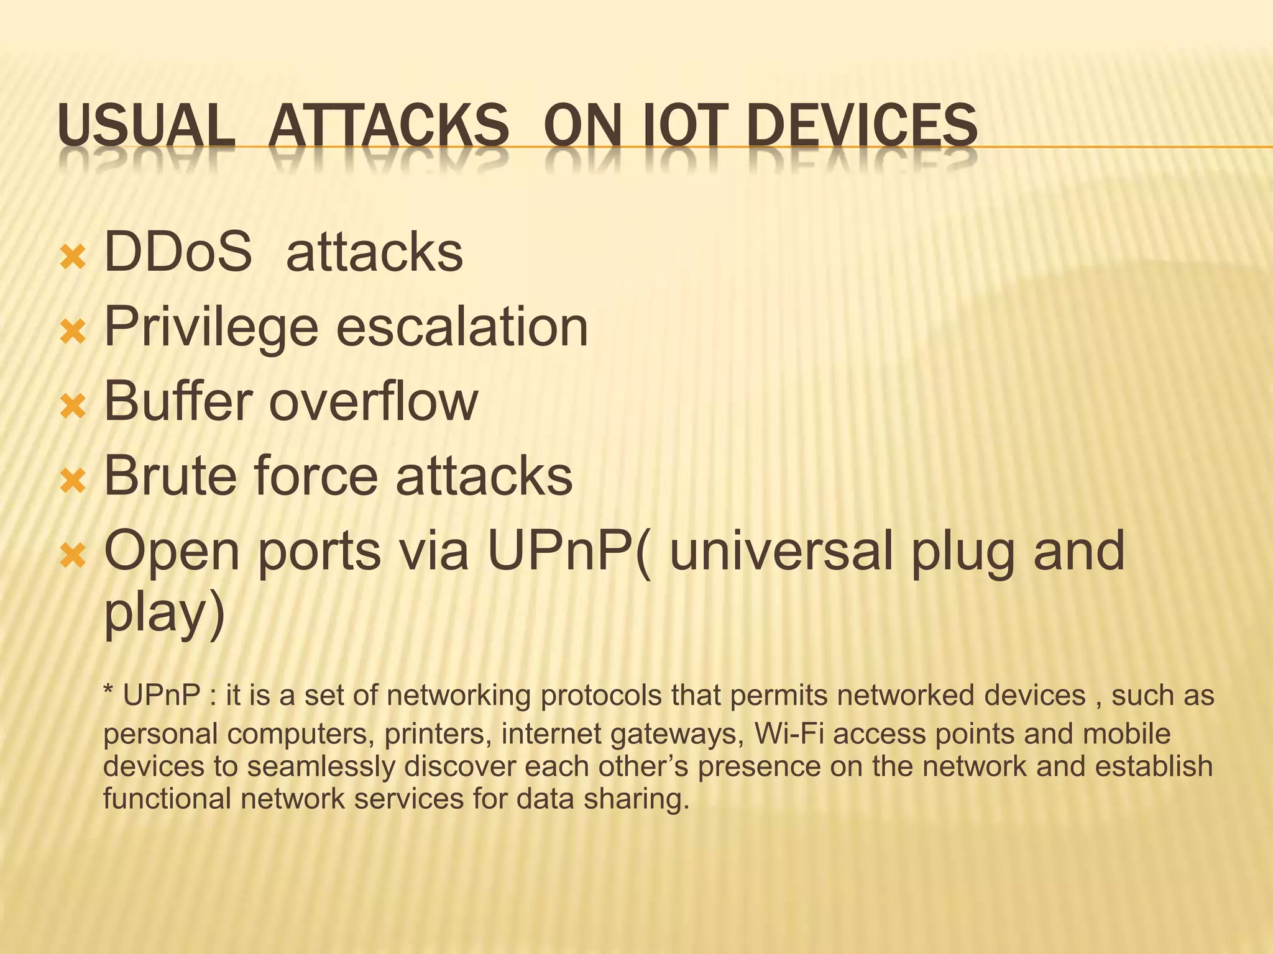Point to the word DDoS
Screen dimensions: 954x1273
click(178, 252)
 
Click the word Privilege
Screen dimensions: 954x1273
click(211, 328)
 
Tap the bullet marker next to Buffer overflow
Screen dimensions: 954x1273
click(73, 406)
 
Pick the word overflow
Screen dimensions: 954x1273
click(373, 402)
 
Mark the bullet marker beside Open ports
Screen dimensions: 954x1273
click(73, 555)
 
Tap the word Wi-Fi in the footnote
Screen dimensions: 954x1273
click(789, 734)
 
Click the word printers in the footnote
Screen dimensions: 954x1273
click(434, 735)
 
